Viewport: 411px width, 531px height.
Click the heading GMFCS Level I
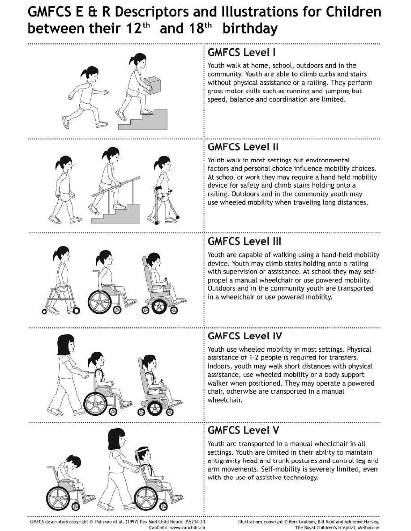point(241,53)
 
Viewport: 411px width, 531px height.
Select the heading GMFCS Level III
point(244,241)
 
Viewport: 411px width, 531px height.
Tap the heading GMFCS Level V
point(244,430)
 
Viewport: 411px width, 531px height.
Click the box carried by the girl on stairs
point(152,84)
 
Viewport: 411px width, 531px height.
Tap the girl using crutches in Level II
point(163,189)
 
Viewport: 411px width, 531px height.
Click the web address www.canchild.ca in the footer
point(188,527)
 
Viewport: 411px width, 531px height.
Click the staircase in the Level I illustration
point(143,119)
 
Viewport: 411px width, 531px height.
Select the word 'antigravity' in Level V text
point(224,461)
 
